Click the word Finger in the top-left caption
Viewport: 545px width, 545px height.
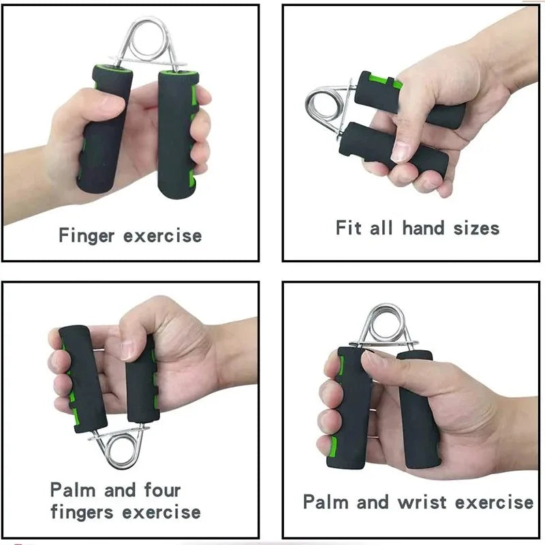point(88,236)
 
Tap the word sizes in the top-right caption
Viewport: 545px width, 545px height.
point(475,228)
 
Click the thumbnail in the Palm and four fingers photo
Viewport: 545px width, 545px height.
point(127,348)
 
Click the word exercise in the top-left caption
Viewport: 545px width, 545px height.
point(162,236)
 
